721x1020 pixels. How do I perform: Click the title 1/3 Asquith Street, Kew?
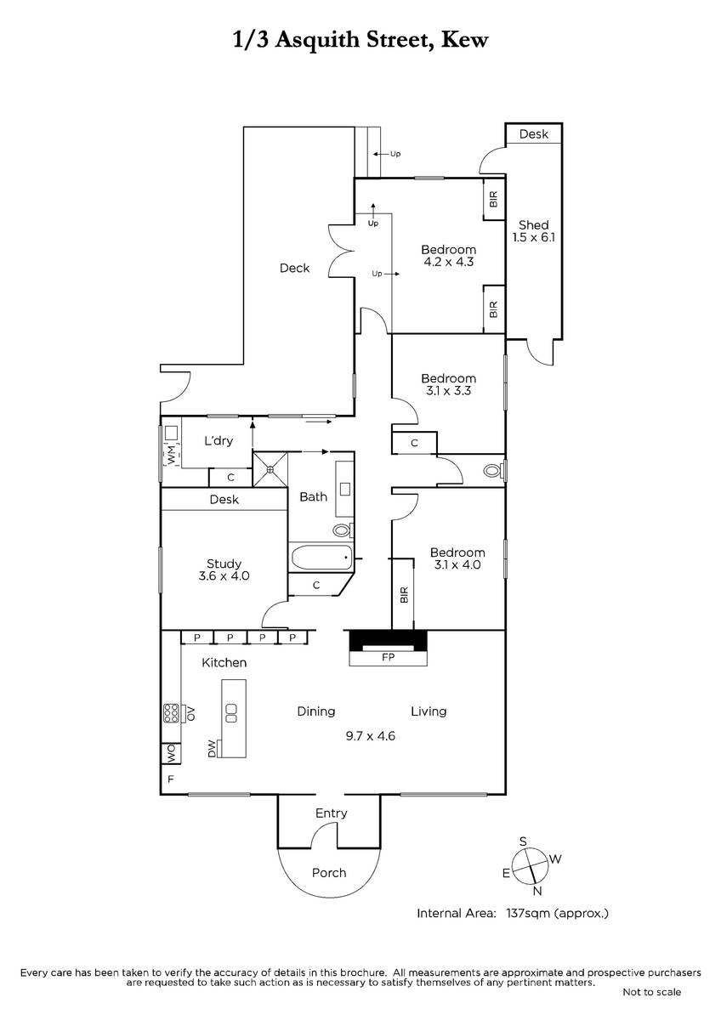(x=360, y=41)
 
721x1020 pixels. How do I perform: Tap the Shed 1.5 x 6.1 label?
(x=533, y=231)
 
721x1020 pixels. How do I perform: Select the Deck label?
(x=294, y=268)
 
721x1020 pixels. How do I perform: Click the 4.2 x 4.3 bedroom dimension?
(x=449, y=262)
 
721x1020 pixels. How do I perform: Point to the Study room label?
(x=224, y=564)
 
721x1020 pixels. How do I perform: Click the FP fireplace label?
(x=388, y=657)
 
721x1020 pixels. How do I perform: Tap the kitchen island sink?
(x=231, y=712)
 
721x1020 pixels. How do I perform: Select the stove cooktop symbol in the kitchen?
(x=171, y=713)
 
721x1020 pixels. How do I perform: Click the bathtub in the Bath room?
(x=321, y=557)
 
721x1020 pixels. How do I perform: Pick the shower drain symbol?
(x=270, y=468)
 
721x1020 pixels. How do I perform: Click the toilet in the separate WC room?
(x=494, y=470)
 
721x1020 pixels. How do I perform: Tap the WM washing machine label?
(x=171, y=455)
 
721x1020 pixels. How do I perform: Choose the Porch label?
(x=329, y=872)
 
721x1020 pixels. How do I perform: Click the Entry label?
(x=331, y=813)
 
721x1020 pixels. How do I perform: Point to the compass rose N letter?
(x=537, y=891)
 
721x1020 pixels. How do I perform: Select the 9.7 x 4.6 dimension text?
(x=370, y=736)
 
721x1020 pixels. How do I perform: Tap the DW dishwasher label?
(x=212, y=749)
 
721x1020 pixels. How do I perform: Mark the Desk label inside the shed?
(x=534, y=134)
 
